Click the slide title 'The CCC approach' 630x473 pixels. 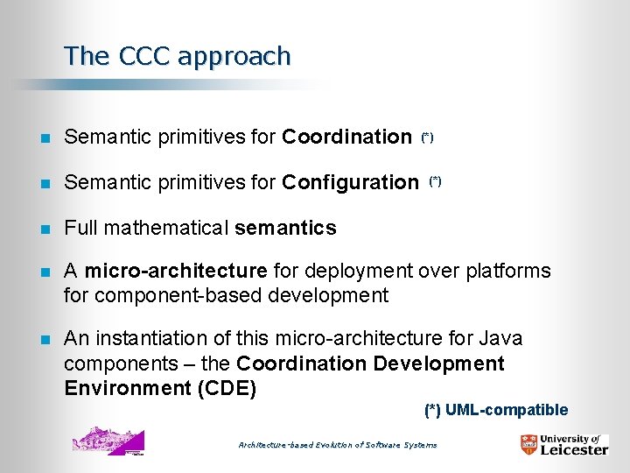[177, 56]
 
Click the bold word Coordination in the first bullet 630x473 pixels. [346, 137]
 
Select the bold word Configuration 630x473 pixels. [350, 182]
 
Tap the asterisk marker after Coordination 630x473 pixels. [427, 138]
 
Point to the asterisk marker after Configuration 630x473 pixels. [435, 181]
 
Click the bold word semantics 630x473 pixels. [285, 228]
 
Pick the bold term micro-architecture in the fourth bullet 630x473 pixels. [175, 271]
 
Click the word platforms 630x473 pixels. [510, 271]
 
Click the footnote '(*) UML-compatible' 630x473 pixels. [496, 410]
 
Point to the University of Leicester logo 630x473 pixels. [563, 444]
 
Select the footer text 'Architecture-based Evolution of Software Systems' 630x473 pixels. [338, 445]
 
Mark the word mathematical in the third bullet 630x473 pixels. [166, 228]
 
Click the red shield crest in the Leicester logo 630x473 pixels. [528, 445]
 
